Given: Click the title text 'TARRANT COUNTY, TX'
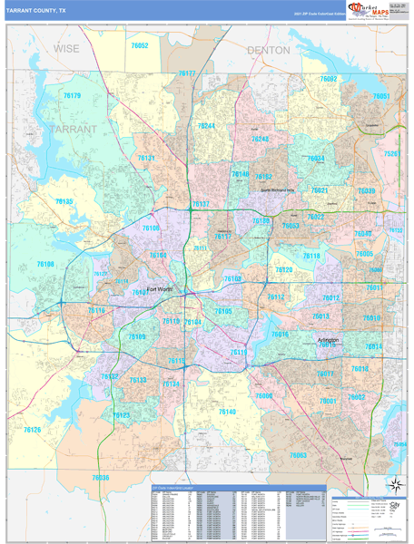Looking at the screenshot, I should click(x=36, y=10).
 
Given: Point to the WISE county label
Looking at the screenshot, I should click(x=66, y=48).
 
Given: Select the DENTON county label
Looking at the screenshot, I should click(x=268, y=51).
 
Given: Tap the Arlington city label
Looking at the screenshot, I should click(x=328, y=340).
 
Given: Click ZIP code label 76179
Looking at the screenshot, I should click(x=72, y=95).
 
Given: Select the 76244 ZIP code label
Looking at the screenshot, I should click(x=206, y=126).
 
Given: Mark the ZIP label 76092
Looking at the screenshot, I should click(x=328, y=80).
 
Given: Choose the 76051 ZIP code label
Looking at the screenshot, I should click(x=380, y=96).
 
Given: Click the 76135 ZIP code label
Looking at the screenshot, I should click(x=64, y=201).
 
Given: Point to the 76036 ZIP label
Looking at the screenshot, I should click(x=100, y=477).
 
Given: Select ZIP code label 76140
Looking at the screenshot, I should click(x=227, y=412).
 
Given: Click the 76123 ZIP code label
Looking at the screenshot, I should click(x=122, y=415).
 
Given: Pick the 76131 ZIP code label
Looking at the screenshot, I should click(x=146, y=159).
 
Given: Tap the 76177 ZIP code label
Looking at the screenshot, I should click(x=187, y=73).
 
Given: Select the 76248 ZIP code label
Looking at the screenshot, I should click(x=261, y=139).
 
